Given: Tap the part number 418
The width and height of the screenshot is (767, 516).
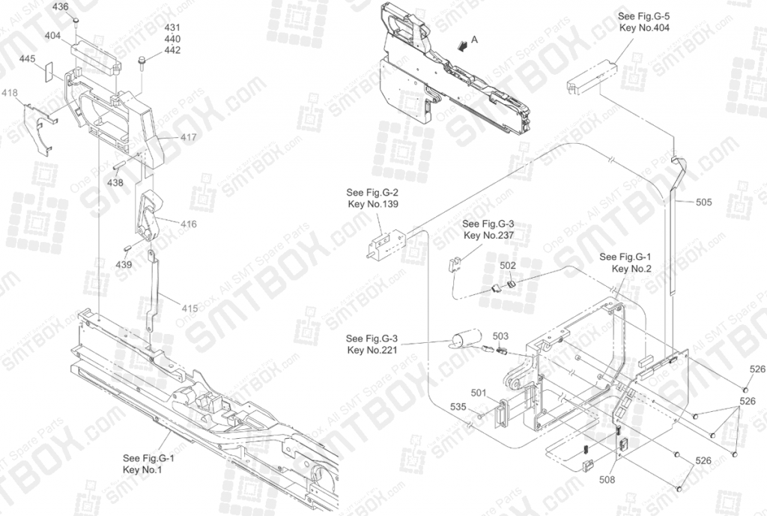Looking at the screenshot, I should [x=10, y=93].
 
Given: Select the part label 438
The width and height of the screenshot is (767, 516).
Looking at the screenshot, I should [x=115, y=182].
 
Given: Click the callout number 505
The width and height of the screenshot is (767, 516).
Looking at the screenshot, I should [x=703, y=201].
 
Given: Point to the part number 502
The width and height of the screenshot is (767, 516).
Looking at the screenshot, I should [x=508, y=265].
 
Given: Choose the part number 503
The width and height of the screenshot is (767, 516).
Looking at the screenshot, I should [x=500, y=336].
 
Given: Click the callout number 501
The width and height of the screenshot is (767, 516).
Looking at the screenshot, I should [x=479, y=392].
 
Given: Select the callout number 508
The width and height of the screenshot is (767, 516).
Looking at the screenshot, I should [x=607, y=479].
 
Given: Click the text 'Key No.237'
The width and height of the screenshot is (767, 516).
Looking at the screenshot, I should [x=488, y=235].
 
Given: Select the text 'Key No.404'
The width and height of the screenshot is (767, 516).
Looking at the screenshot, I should [x=643, y=28].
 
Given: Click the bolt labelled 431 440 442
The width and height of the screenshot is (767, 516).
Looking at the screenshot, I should [x=142, y=61].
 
